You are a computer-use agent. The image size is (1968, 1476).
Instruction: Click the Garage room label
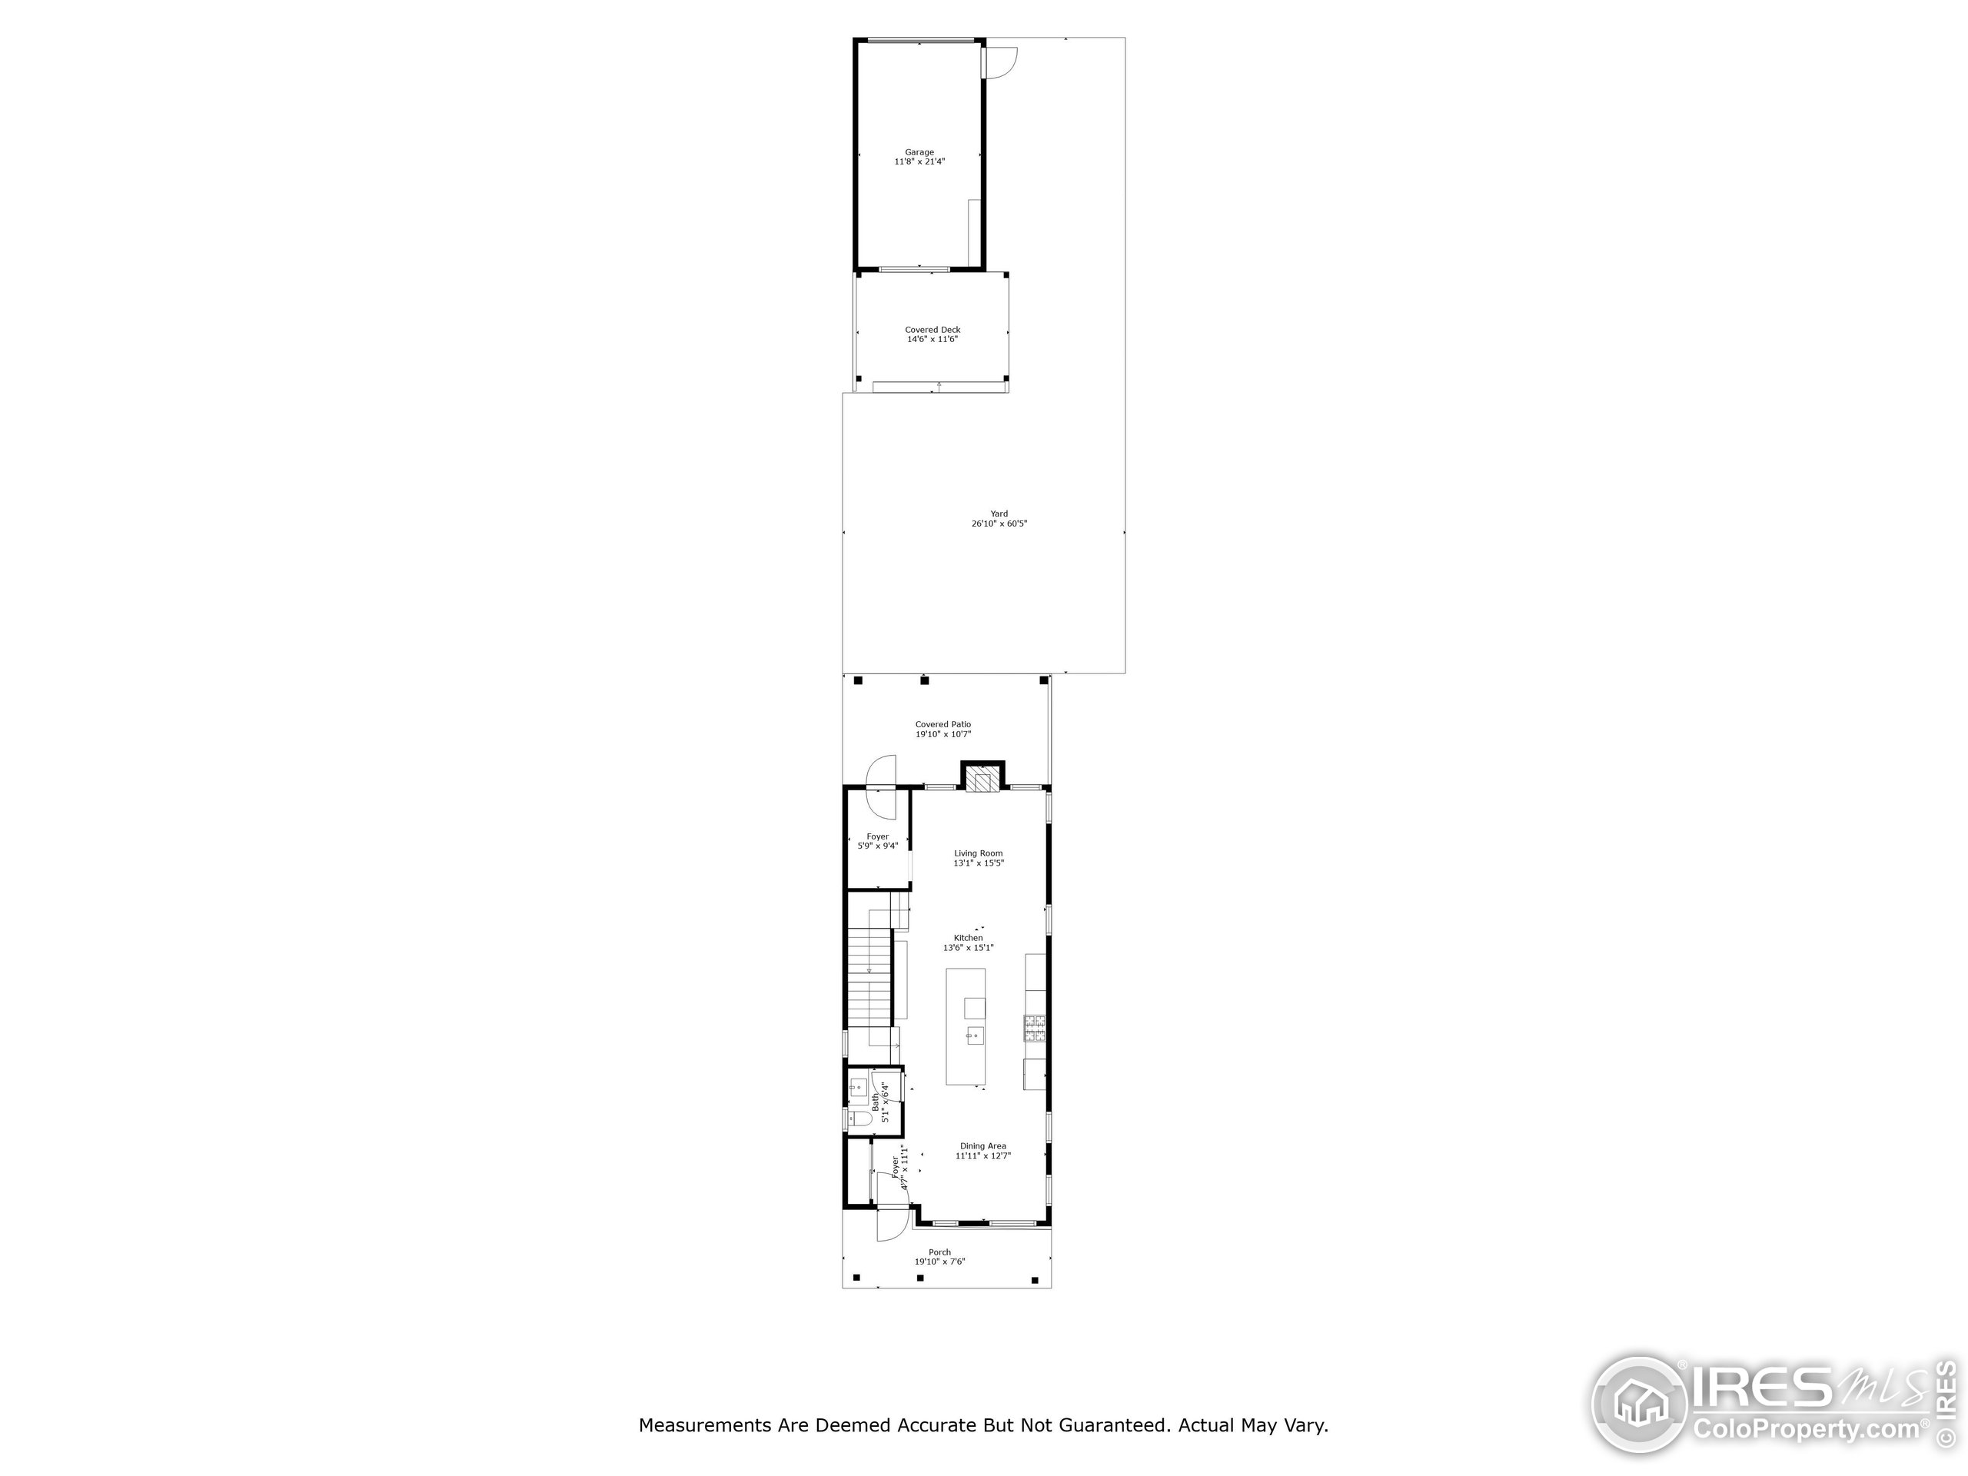(x=919, y=152)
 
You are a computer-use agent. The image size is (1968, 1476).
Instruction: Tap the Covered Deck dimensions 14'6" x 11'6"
(x=932, y=340)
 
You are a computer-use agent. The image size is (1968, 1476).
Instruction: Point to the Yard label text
(x=999, y=514)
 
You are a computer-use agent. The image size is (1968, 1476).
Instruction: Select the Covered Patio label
(x=943, y=725)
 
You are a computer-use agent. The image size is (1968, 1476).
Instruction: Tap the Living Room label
(x=979, y=854)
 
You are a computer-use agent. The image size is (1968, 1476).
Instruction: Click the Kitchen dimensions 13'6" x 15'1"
(x=968, y=949)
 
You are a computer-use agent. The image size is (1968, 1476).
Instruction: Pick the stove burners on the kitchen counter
(x=1035, y=1029)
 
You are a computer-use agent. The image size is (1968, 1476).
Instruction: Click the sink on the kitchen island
(x=974, y=1036)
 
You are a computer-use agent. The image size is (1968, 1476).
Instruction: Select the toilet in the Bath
(x=859, y=1119)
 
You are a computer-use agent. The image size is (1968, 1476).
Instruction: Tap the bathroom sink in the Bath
(x=858, y=1087)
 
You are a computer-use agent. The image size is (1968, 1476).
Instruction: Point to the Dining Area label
(x=983, y=1147)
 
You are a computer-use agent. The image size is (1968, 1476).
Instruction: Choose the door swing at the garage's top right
(x=1001, y=61)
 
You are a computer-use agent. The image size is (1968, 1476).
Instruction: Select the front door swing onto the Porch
(x=890, y=1223)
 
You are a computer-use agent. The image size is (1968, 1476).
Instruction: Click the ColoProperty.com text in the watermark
(x=1806, y=1430)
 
